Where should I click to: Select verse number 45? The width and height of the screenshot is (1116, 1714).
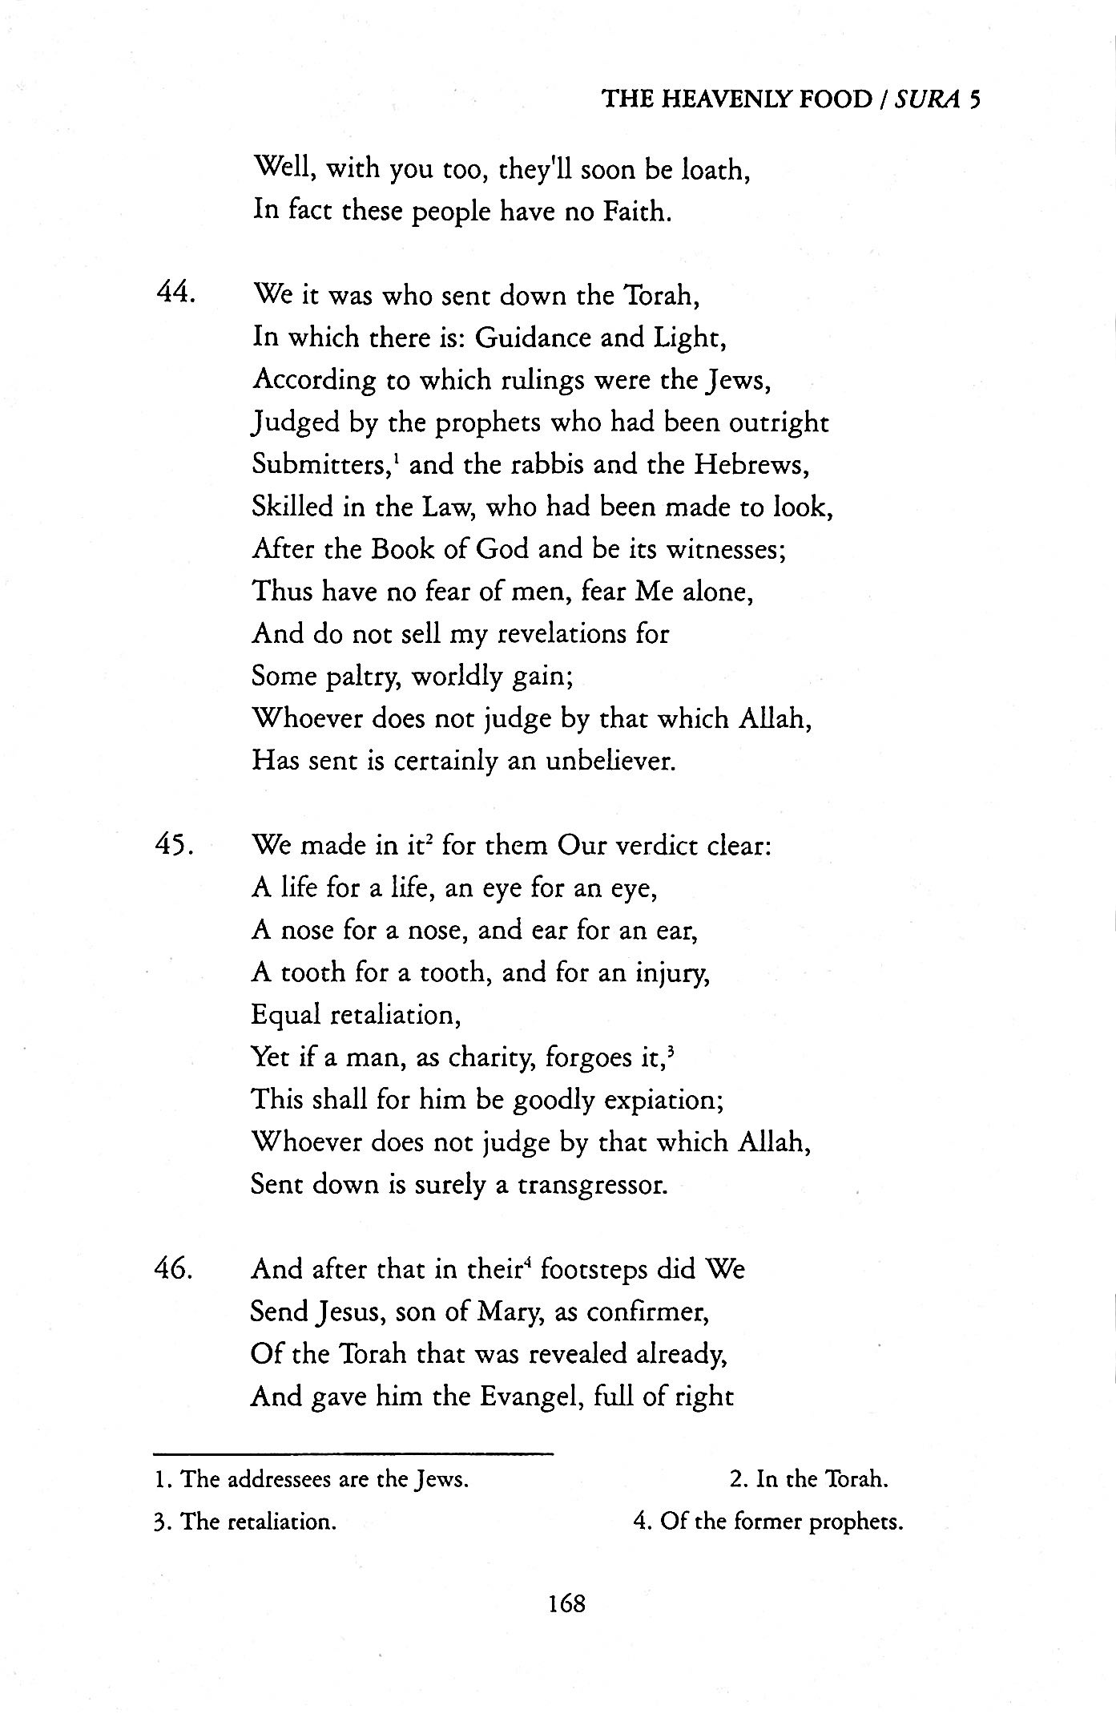(x=174, y=844)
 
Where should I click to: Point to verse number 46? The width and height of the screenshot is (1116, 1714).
(x=174, y=1269)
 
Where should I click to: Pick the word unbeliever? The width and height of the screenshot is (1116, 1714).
(x=610, y=760)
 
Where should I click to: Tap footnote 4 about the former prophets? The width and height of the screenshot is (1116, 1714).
(x=768, y=1521)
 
